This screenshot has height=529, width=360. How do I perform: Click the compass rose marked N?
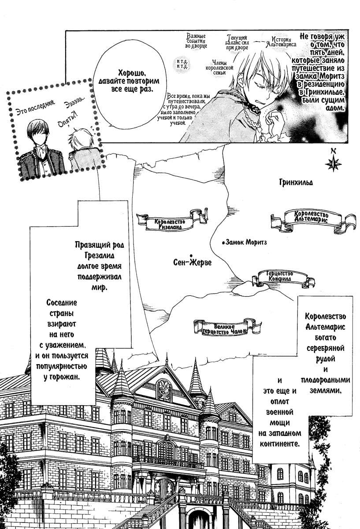tap(334, 162)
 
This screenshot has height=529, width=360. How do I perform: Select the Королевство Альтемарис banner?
tap(312, 218)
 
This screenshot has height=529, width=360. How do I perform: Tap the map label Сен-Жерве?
tap(193, 263)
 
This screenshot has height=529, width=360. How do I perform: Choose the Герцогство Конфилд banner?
tap(280, 277)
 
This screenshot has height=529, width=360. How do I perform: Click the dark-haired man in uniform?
tap(40, 148)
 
